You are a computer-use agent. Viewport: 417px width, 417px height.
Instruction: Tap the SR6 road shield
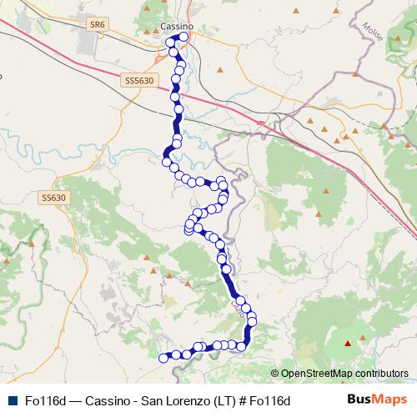98,25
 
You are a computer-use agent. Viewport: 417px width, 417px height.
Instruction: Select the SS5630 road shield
138,80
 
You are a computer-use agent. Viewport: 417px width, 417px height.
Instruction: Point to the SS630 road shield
53,198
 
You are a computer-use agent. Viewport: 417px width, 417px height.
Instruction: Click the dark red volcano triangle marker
348,343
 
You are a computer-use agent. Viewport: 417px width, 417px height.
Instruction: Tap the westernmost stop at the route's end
163,358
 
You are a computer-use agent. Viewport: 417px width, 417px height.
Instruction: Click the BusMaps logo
377,400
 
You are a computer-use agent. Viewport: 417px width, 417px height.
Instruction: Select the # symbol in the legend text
243,401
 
